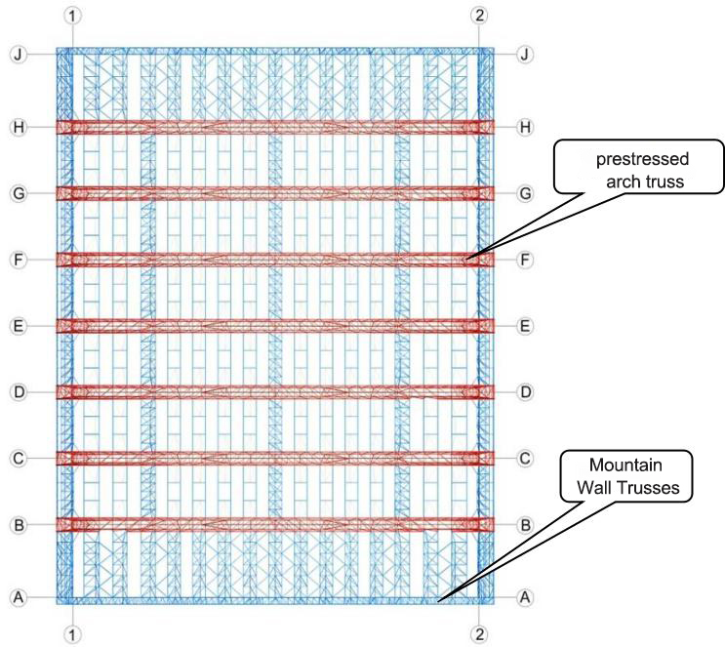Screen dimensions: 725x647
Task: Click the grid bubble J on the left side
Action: (x=19, y=55)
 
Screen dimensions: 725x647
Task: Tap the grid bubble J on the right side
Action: (x=525, y=55)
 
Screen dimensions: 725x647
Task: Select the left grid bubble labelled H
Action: (x=19, y=127)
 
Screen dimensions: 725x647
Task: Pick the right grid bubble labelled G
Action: (x=525, y=193)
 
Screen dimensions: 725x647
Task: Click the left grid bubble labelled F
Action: (x=19, y=260)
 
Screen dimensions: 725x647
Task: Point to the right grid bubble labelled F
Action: (x=525, y=260)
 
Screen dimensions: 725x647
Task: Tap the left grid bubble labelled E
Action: (x=19, y=326)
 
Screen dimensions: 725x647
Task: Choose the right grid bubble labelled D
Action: (x=525, y=392)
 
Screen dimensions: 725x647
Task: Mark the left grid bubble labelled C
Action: (x=19, y=459)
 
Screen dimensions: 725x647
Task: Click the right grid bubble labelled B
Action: (x=525, y=525)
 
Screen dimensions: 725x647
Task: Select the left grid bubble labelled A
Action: (x=19, y=597)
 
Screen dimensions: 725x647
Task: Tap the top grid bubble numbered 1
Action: (x=72, y=16)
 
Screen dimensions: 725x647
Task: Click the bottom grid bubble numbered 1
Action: (x=72, y=633)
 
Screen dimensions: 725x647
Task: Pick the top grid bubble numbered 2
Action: (x=479, y=16)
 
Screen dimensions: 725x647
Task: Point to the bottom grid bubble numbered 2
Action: (x=479, y=633)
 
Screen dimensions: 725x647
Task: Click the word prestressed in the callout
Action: (x=642, y=159)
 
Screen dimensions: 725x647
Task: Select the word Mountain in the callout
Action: (x=625, y=465)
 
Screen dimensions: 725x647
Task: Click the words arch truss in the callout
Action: (x=645, y=182)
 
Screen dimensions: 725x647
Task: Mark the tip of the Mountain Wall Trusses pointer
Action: (x=438, y=601)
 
